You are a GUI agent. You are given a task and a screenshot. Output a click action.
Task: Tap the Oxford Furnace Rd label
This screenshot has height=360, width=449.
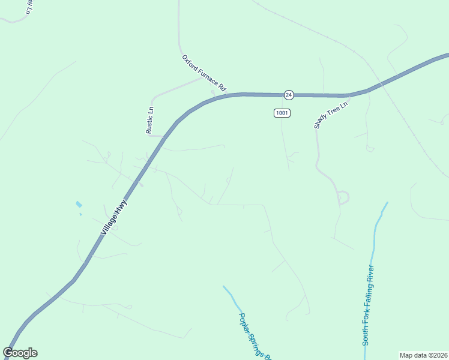[204, 73]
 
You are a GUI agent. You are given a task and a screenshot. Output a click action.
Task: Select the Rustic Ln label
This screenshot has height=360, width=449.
[151, 119]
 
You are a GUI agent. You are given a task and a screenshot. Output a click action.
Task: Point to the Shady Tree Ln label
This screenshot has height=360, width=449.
[331, 115]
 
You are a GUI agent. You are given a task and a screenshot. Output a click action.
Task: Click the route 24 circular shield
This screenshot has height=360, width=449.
[289, 95]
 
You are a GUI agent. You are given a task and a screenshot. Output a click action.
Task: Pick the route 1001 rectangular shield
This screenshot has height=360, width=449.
[282, 113]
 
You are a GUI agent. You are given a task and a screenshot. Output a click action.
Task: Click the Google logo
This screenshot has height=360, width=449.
[20, 353]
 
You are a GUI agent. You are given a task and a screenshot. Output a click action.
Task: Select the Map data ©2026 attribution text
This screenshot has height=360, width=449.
[423, 355]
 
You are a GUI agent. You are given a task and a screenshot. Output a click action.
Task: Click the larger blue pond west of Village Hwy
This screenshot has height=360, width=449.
[79, 205]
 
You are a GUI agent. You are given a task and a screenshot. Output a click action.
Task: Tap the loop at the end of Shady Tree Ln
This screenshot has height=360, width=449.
[344, 197]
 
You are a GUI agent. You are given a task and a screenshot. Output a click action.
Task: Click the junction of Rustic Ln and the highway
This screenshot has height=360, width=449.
[164, 136]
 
